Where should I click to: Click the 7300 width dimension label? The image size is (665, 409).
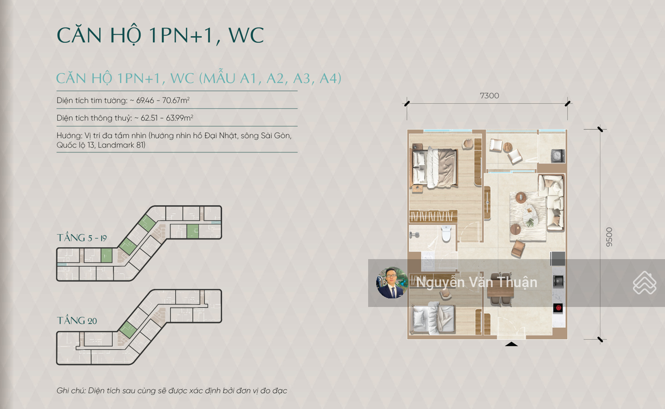click(x=489, y=96)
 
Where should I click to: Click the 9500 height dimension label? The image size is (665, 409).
click(x=609, y=237)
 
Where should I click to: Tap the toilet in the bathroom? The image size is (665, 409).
click(x=446, y=233)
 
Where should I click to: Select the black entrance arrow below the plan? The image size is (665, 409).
click(x=511, y=344)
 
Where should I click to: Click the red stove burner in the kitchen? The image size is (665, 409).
click(x=558, y=308)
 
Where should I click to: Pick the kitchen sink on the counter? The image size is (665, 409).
click(x=559, y=281)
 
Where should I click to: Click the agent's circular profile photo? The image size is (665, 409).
click(x=392, y=283)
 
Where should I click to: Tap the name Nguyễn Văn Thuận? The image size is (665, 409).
click(x=476, y=283)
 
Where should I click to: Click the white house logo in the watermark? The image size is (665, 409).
click(x=645, y=283)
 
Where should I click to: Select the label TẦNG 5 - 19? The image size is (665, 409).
click(x=82, y=238)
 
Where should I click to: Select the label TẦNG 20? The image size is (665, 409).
click(x=77, y=321)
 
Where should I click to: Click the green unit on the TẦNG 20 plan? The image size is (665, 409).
click(x=128, y=330)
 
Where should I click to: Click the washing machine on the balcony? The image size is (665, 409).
click(x=558, y=156)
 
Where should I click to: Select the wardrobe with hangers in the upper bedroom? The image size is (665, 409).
click(x=433, y=216)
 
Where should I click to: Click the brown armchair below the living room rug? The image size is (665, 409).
click(x=518, y=248)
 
